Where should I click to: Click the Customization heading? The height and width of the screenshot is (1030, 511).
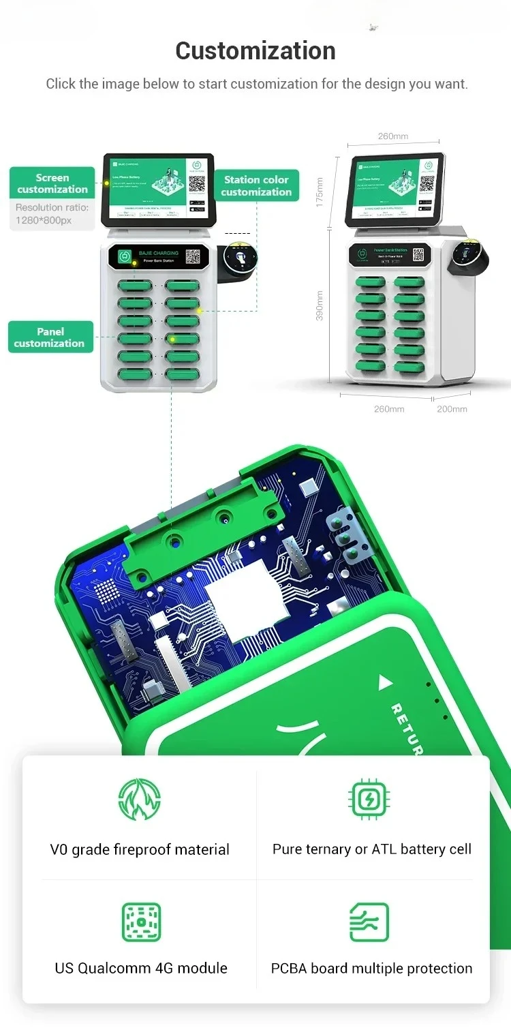point(255,51)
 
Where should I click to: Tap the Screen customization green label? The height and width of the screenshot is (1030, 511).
point(52,183)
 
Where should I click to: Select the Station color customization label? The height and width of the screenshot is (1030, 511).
point(256,186)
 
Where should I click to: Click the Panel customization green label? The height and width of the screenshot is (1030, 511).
point(50,337)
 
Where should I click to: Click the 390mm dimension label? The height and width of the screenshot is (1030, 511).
point(320,306)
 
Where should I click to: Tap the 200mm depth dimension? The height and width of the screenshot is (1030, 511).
point(452,409)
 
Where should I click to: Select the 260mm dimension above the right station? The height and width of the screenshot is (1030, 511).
point(393,136)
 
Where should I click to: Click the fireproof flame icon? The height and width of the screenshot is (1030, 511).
point(140,800)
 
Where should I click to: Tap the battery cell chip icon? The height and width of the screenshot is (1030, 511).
point(369,799)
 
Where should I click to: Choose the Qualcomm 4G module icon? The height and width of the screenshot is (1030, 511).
point(141,922)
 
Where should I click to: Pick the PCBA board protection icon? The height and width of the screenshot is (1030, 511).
point(369,922)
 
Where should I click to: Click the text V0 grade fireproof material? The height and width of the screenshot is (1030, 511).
point(140,849)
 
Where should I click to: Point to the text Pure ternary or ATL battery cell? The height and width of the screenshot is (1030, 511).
point(372,849)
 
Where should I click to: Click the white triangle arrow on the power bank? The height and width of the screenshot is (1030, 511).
point(385,682)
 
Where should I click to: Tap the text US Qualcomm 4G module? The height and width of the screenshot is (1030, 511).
point(141,968)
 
